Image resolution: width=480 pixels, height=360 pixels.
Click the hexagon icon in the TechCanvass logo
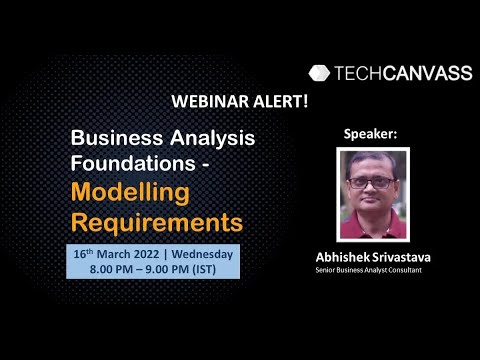(x=319, y=72)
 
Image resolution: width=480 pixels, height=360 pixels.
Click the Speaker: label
(x=370, y=134)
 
